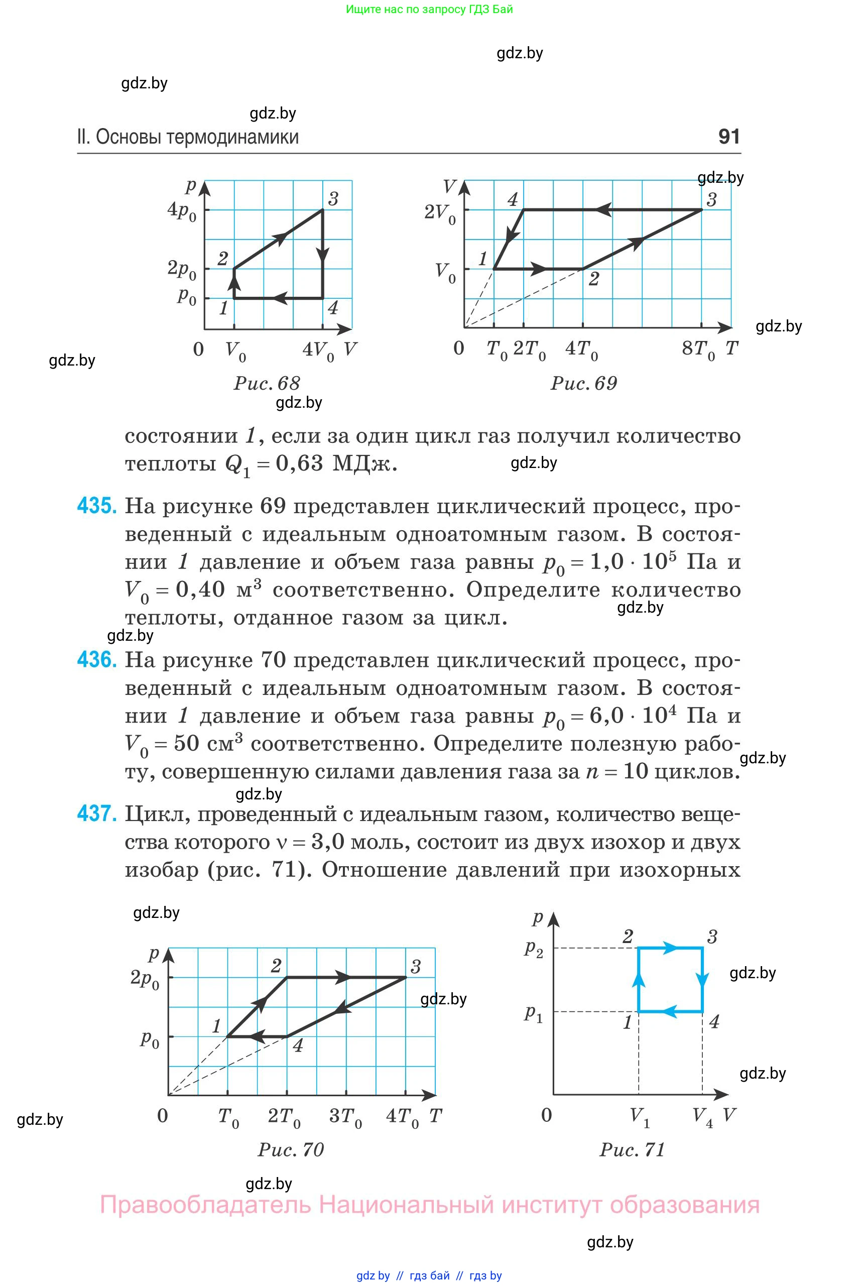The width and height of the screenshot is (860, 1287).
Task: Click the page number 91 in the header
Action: click(729, 136)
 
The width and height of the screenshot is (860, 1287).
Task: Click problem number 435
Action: click(96, 506)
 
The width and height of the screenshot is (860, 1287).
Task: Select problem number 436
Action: click(96, 660)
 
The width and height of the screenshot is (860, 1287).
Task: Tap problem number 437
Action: click(96, 813)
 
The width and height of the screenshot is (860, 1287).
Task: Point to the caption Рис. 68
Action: click(267, 383)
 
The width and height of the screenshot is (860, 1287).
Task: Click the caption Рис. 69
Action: click(583, 383)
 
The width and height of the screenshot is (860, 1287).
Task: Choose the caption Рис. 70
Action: click(291, 1149)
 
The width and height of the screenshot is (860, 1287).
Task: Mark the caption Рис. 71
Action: click(633, 1149)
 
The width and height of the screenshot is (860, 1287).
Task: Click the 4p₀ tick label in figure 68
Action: click(182, 211)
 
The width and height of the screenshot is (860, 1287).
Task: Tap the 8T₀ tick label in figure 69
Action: click(698, 349)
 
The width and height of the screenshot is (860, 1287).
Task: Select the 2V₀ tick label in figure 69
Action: click(440, 213)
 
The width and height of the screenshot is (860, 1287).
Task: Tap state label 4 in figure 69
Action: click(512, 199)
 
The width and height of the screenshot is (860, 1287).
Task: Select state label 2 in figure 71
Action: click(628, 937)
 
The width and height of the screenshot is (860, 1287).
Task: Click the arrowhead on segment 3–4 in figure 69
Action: click(603, 209)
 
